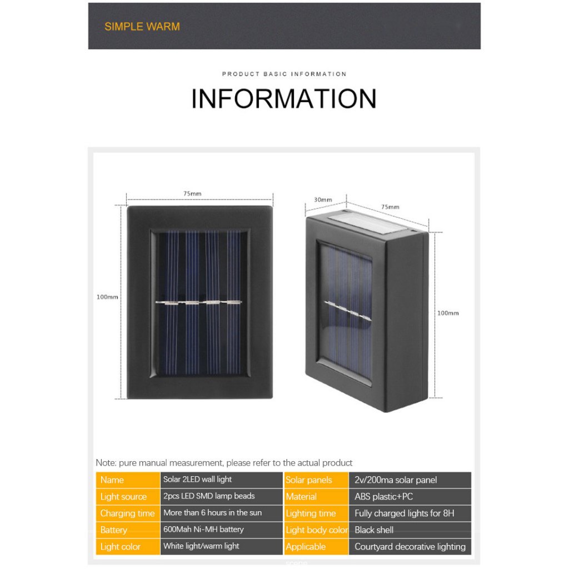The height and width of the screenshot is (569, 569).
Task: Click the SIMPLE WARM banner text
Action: coord(142,27)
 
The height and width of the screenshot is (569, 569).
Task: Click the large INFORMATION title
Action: coord(284,99)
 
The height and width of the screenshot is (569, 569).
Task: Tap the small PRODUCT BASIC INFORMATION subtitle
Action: coord(284,74)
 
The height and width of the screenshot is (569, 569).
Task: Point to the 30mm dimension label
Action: coord(323,199)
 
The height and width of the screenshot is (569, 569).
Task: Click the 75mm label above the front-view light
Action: coord(192,194)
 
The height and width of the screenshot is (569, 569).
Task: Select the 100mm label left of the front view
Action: coord(107,297)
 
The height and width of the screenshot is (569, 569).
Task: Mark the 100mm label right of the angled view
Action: coord(448,313)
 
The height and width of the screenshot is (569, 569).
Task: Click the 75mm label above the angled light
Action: coord(390,207)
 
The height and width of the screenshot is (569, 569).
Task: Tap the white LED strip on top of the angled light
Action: coord(367,222)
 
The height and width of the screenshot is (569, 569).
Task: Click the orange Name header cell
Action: coord(128,480)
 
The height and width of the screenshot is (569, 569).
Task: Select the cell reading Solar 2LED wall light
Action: coord(221,480)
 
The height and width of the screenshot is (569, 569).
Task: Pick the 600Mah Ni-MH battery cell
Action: coord(221,530)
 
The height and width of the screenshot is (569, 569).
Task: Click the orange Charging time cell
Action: coord(128,513)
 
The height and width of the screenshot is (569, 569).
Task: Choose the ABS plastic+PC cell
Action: coord(410,496)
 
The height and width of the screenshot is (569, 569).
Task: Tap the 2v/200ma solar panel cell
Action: coord(410,480)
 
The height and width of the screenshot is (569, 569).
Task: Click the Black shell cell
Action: coord(410,530)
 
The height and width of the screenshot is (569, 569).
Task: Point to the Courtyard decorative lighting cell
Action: coord(410,547)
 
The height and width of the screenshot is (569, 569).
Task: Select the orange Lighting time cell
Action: coord(316,513)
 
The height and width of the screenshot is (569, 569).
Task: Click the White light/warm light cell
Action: coord(221,547)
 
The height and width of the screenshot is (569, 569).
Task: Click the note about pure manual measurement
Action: coord(224,463)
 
